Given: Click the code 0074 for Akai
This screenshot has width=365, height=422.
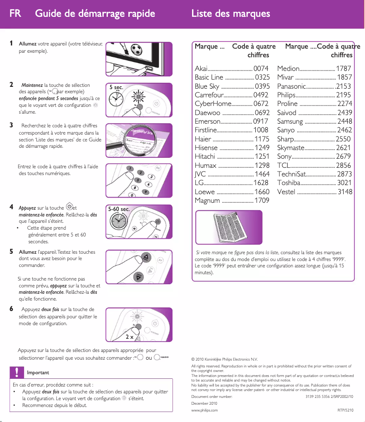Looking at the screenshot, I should pyautogui.click(x=261, y=69).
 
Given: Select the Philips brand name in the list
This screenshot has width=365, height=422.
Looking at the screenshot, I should pyautogui.click(x=286, y=95).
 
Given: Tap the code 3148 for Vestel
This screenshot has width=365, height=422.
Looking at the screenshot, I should pyautogui.click(x=345, y=192).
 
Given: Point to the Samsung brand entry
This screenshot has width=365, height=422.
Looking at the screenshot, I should pyautogui.click(x=290, y=121).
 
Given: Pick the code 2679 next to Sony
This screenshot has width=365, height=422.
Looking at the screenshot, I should pyautogui.click(x=344, y=156).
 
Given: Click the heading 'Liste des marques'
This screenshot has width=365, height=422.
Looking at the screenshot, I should pyautogui.click(x=231, y=13).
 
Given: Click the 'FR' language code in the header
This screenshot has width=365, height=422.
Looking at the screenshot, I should pyautogui.click(x=15, y=13).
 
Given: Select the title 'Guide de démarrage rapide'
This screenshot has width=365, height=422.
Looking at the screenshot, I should pyautogui.click(x=95, y=13).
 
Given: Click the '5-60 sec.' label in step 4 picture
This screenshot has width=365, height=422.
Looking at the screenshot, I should pyautogui.click(x=119, y=210).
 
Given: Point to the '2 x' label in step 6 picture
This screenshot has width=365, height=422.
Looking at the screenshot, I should pyautogui.click(x=129, y=337).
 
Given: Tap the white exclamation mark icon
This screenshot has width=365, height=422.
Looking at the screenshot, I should pyautogui.click(x=16, y=372).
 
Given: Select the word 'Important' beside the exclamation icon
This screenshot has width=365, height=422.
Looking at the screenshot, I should pyautogui.click(x=38, y=373).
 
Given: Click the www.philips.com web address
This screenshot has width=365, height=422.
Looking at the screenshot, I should pyautogui.click(x=204, y=410).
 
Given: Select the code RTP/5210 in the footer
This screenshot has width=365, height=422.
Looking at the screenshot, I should pyautogui.click(x=345, y=410).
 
